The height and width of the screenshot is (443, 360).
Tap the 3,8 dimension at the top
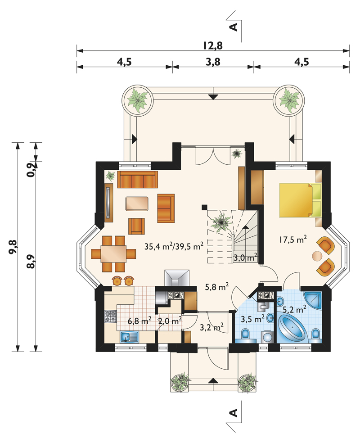[213, 62]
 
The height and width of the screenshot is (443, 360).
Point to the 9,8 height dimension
[13, 247]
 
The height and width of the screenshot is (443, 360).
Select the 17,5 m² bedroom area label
[293, 240]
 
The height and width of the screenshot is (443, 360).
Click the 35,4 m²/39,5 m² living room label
[174, 246]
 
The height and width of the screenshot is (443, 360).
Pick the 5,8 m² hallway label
[216, 287]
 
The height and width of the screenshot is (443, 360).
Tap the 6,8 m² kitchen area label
[139, 321]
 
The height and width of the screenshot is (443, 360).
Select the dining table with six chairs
[113, 254]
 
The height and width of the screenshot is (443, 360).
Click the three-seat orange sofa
[137, 179]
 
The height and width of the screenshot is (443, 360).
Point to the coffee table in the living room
[137, 203]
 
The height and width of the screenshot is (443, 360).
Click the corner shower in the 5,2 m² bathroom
[313, 299]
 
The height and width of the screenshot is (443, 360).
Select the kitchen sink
[130, 337]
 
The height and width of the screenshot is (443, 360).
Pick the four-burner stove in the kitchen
[110, 316]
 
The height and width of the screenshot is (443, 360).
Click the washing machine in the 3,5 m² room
[267, 337]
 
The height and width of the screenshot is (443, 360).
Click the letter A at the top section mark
[234, 27]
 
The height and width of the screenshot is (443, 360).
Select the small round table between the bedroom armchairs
[317, 256]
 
